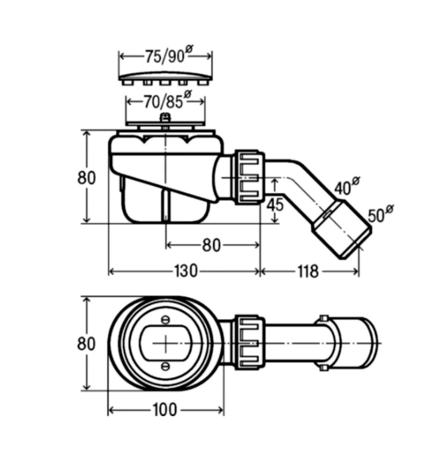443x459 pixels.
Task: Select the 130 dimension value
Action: click(x=186, y=271)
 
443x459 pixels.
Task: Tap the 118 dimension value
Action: click(x=308, y=271)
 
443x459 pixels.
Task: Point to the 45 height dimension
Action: click(x=275, y=205)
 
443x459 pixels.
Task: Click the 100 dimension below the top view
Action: click(x=165, y=409)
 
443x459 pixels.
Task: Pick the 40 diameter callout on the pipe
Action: click(x=347, y=186)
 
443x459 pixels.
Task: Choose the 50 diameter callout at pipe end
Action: click(x=381, y=214)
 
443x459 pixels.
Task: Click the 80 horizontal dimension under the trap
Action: click(x=211, y=245)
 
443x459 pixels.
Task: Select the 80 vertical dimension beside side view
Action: click(x=86, y=178)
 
